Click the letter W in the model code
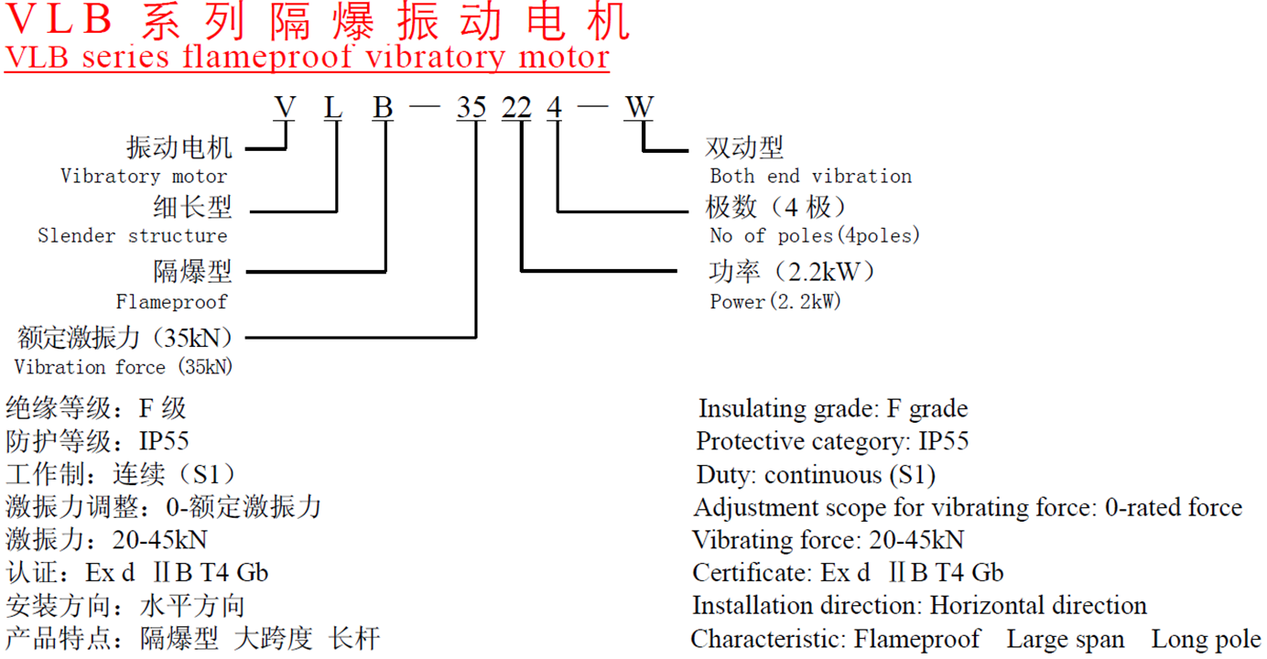click(x=639, y=108)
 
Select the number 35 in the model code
click(x=471, y=108)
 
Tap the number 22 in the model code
click(x=516, y=108)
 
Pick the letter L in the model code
click(x=333, y=108)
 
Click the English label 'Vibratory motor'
click(x=144, y=176)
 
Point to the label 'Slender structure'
click(x=133, y=235)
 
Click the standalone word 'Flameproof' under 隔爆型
click(x=171, y=301)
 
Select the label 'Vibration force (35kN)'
click(x=124, y=367)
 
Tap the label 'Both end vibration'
click(x=810, y=176)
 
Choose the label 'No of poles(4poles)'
click(x=815, y=235)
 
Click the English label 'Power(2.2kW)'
click(x=775, y=301)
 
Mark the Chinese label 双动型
click(x=744, y=148)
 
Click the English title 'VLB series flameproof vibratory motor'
click(x=307, y=57)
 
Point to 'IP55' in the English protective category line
click(x=943, y=441)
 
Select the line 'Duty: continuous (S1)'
click(x=816, y=475)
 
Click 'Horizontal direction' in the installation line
click(x=1038, y=606)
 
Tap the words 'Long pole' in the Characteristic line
click(x=1206, y=639)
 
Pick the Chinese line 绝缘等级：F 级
click(x=96, y=408)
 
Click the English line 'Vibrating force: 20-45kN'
click(x=828, y=540)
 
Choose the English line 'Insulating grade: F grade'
click(x=833, y=408)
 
